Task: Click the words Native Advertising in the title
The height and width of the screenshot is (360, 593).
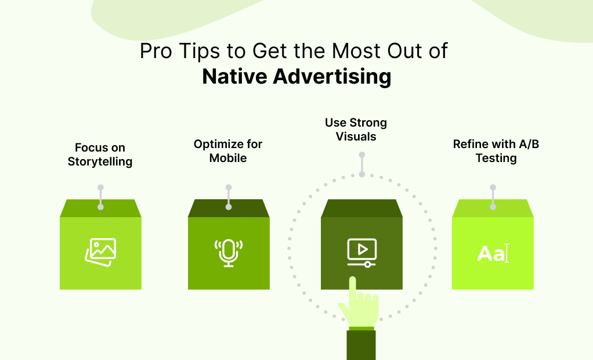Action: (x=296, y=77)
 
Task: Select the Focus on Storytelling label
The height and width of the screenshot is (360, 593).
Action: (x=100, y=154)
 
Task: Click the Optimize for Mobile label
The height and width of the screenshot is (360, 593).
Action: (x=228, y=151)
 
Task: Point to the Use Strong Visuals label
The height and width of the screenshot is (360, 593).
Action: (x=356, y=129)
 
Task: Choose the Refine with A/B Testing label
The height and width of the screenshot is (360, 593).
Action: (x=496, y=151)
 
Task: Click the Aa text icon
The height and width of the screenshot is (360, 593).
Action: (x=493, y=254)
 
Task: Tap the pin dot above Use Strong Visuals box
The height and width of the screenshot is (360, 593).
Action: (x=361, y=155)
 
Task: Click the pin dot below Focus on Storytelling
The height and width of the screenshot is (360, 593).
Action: (x=100, y=188)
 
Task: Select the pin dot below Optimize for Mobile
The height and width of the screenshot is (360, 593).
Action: (x=229, y=188)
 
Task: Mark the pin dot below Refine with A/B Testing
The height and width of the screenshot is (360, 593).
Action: (x=493, y=188)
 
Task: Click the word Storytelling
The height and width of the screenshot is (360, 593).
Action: (x=100, y=161)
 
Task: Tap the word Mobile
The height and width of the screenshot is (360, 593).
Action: (x=228, y=158)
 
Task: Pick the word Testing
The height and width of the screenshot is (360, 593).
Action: (x=496, y=158)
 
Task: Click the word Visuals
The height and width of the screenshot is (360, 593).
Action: (x=356, y=137)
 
